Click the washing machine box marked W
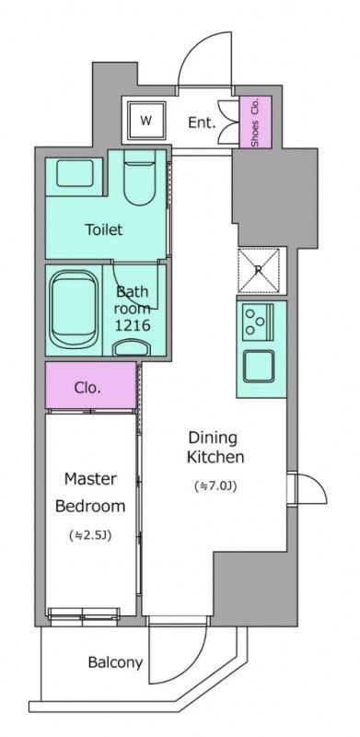point(145,121)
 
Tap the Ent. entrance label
point(202,123)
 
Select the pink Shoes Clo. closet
point(256,122)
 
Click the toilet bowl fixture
point(140,178)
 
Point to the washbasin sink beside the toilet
point(75,173)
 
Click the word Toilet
point(103,229)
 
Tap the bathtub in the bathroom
point(75,309)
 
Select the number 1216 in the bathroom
point(134,325)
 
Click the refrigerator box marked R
point(261,270)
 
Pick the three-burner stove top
point(258,322)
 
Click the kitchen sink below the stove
point(258,366)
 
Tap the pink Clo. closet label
point(87,388)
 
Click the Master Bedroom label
point(90,492)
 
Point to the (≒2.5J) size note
point(90,535)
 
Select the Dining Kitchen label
point(215,447)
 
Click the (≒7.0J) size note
point(215,486)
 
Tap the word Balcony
point(115,662)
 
